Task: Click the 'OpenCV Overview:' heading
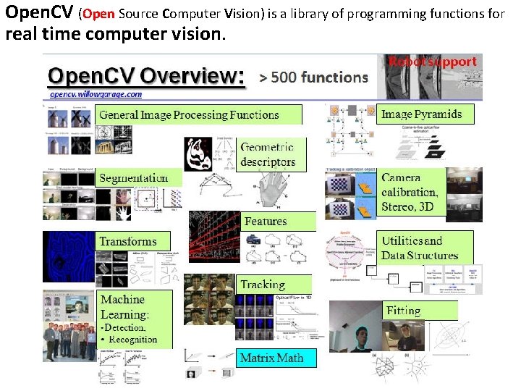145,76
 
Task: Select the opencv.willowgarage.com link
96,94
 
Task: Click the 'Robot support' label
433,62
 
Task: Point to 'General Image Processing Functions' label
189,114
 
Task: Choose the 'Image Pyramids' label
421,114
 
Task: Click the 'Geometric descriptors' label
268,154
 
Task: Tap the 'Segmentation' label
133,178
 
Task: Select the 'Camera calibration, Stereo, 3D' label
410,192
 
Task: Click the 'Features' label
266,221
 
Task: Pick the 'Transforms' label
128,241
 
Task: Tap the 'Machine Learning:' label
124,307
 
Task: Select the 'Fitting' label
403,311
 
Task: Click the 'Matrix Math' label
271,358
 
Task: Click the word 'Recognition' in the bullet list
133,339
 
